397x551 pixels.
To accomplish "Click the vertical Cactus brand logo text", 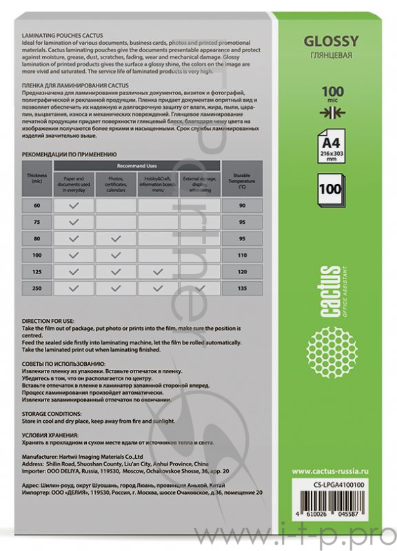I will (x=334, y=292).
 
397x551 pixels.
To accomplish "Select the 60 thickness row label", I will (x=37, y=206).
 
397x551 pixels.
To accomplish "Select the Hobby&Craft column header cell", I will (x=158, y=183).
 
